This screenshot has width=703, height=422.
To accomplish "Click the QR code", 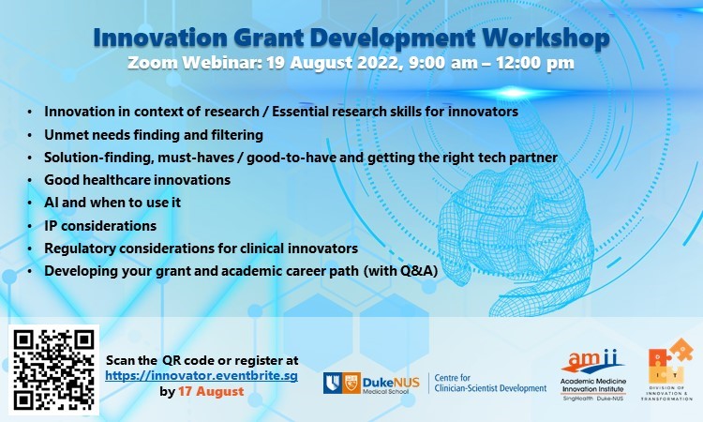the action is pos(53,369).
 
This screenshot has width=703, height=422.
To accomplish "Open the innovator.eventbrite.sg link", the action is pos(202,376).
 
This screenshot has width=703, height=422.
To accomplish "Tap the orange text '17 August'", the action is pos(211,391).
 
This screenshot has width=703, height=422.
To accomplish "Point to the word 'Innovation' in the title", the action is pos(160,38).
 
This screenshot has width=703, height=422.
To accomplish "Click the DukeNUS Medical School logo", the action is pos(371,384).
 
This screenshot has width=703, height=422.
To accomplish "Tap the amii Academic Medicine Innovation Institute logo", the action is pos(592,374).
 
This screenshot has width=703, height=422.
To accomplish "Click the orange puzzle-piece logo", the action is pos(668,369).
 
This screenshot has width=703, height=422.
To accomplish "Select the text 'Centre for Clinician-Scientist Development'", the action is pos(490,384).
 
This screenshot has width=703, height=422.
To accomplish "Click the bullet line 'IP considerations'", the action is pos(100,226).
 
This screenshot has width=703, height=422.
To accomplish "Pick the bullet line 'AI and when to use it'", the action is pos(112,203).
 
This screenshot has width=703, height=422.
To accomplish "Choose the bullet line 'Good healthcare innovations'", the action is pos(137,180).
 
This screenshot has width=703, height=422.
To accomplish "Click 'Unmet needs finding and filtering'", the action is pos(154,135).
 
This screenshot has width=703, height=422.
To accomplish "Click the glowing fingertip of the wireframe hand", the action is pos(513,93).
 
